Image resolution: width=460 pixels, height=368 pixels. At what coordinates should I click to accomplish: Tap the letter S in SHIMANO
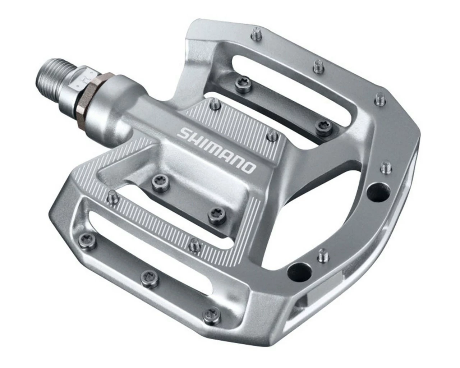coord(184,134)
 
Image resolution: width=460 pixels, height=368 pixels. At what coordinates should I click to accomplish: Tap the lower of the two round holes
coord(298,269)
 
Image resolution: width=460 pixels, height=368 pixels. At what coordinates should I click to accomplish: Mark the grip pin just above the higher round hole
coord(386,167)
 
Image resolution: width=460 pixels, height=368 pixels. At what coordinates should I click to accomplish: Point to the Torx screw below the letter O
coord(215,213)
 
